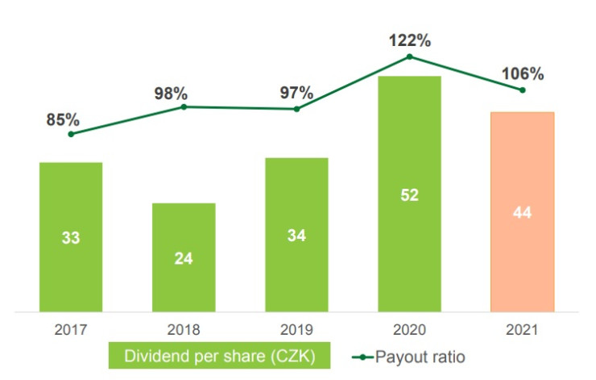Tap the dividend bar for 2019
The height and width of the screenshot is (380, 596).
[x=296, y=234]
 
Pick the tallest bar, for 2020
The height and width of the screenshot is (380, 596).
[x=409, y=194]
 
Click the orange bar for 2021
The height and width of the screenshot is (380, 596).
[x=522, y=211]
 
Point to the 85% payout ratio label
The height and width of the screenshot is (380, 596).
[x=63, y=119]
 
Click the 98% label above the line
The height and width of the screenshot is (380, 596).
[x=172, y=93]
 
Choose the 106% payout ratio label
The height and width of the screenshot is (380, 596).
[x=522, y=73]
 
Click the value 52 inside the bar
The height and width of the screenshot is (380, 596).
[x=409, y=194]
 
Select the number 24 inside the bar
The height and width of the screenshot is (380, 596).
[x=184, y=258]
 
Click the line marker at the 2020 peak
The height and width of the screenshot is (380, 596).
[x=409, y=56]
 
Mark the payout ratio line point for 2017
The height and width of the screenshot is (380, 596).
[x=71, y=134]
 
